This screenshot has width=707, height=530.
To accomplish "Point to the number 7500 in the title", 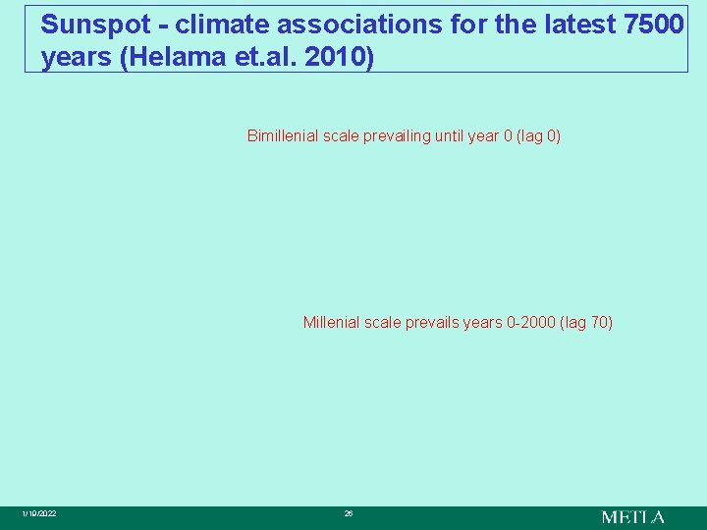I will tap(654, 24).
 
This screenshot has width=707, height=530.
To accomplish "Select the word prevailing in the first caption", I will tap(400, 135).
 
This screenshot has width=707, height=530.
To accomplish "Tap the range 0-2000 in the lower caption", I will tap(532, 322).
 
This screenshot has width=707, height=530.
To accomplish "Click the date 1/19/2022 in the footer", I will tap(39, 514).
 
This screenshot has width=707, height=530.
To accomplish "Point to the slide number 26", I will tap(348, 514).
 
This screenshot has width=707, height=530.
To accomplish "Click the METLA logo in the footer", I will tap(632, 516).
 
